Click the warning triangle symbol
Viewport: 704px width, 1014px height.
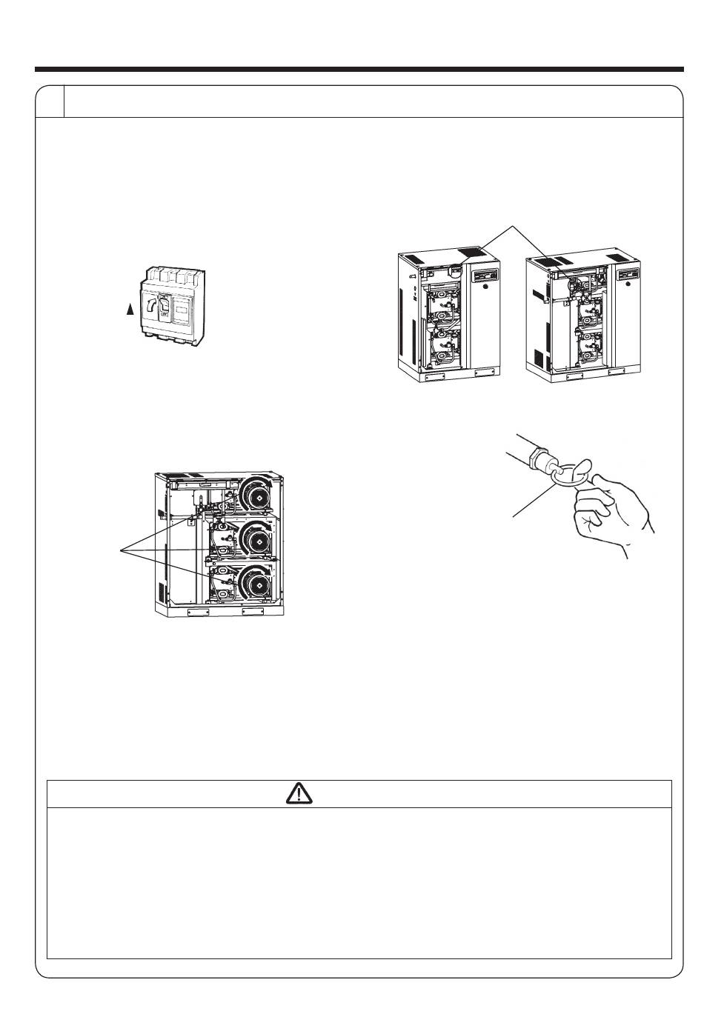(299, 794)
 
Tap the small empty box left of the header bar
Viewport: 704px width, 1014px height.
(50, 101)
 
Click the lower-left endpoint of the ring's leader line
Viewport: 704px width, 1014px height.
(513, 516)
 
